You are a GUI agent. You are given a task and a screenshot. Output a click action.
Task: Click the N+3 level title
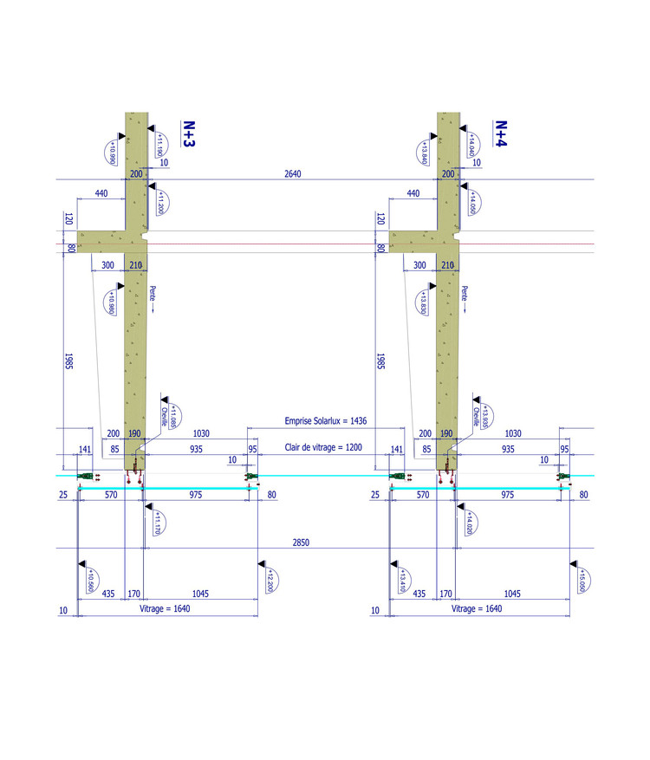tap(187, 135)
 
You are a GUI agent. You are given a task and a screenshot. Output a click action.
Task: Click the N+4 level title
tap(500, 135)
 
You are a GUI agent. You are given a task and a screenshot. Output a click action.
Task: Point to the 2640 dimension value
tap(293, 174)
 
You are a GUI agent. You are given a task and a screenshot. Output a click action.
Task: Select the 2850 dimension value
tap(301, 542)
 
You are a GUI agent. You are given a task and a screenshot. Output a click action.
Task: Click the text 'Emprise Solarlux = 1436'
tap(326, 421)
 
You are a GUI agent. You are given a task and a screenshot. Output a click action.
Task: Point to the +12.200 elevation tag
tap(269, 578)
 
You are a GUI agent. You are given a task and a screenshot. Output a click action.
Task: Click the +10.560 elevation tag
tap(90, 578)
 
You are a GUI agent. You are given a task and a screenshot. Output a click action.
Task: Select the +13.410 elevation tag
tap(402, 578)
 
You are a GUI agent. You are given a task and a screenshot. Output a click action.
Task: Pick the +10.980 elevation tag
tap(112, 302)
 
